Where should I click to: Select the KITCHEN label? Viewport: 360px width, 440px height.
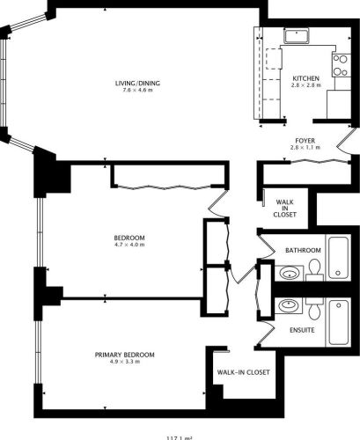coord(305,78)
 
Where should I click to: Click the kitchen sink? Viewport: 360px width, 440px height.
coord(296,36)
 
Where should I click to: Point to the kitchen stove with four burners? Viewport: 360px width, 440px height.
coord(338,64)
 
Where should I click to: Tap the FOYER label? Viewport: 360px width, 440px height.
coord(305,140)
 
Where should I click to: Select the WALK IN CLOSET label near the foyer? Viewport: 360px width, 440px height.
coord(284,208)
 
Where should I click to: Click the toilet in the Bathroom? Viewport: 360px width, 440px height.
coord(313,272)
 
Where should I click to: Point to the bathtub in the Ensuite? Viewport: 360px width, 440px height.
coord(339,322)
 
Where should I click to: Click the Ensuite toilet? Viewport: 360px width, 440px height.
coord(313,308)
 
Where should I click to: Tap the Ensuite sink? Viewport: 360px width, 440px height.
coord(287,306)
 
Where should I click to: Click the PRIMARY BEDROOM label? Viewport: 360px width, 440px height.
coord(125,355)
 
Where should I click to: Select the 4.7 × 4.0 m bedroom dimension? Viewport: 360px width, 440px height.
coord(129,246)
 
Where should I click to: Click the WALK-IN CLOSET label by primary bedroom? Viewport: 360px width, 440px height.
coord(243,371)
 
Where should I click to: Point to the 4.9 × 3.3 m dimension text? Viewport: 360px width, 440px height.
coord(125,363)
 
